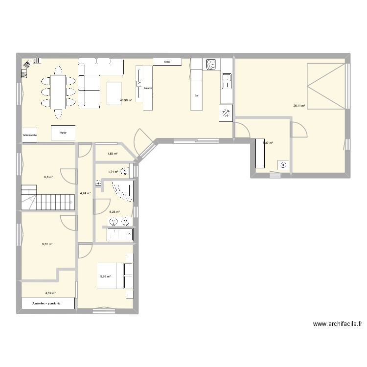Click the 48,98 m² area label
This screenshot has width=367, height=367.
[x=126, y=100]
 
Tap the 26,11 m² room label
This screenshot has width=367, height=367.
[x=299, y=105]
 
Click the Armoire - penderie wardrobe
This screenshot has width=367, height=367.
[x=48, y=303]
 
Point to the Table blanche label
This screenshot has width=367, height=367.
[x=29, y=135]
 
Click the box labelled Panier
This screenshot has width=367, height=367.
[x=63, y=133]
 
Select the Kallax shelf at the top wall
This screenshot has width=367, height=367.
[x=167, y=62]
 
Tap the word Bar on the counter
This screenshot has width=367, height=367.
[x=196, y=95]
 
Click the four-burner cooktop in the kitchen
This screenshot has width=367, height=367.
[x=211, y=64]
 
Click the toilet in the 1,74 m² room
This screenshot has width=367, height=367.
[x=126, y=171]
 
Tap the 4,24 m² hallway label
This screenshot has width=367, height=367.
[x=85, y=193]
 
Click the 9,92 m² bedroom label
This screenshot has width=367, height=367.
[x=105, y=276]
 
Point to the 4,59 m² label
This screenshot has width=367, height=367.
[x=50, y=293]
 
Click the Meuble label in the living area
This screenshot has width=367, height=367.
[x=148, y=88]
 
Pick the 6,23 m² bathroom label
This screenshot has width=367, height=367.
[x=115, y=212]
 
